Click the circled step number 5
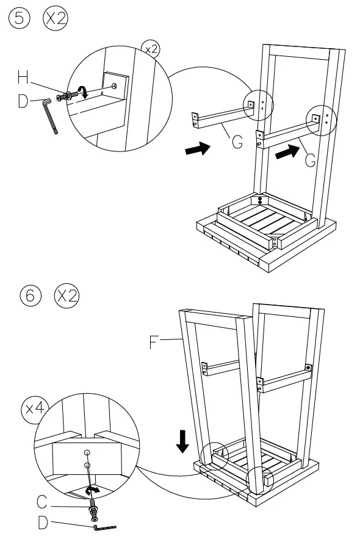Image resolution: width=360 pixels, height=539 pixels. pos(20,18)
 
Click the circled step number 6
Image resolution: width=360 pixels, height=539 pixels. pos(31,295)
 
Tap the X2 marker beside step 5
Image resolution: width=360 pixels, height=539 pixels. pos(56,18)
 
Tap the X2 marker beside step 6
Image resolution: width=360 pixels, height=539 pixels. pos(67,295)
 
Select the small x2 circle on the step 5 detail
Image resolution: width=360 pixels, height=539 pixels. pos(151,50)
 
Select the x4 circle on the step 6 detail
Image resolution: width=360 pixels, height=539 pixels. pos(35,408)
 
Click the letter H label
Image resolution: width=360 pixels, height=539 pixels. pos(23,78)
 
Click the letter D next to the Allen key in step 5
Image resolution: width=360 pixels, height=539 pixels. pos(23,101)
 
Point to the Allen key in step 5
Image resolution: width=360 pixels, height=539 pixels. pos(49,115)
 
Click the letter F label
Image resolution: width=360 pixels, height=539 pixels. pos(154,342)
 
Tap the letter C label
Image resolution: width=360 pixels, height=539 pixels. pos(42,502)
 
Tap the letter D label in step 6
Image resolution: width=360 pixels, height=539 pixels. pos(43,523)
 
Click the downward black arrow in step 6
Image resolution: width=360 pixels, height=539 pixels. pos(182,441)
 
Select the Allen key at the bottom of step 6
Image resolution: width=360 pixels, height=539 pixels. pos(105,527)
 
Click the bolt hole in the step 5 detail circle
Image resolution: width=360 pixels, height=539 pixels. pos(114,85)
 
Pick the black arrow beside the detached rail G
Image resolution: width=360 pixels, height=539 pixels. pos(198,148)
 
